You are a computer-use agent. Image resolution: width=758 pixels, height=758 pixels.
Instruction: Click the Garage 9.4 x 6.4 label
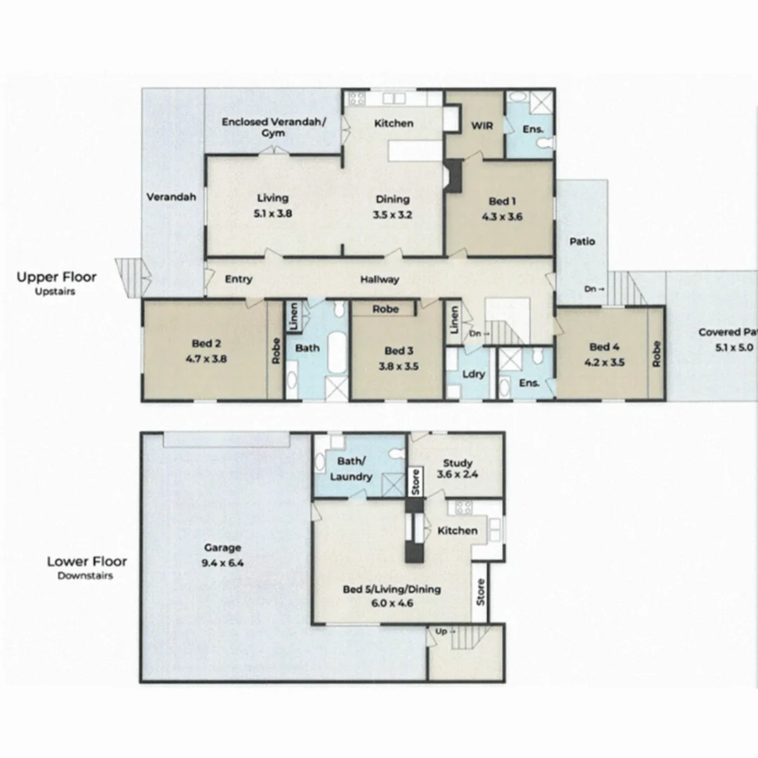coord(222,554)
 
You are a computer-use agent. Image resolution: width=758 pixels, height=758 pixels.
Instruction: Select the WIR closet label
coord(481,126)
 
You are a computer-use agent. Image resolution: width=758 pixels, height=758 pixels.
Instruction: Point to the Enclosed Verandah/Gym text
coord(273,127)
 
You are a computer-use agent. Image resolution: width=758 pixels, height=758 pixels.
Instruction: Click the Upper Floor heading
coord(56,277)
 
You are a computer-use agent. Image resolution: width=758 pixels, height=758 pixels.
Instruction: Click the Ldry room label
coord(474,374)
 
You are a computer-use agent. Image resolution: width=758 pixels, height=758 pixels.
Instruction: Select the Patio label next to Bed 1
coord(582,241)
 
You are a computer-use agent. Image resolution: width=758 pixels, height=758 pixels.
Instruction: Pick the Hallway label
coord(380,279)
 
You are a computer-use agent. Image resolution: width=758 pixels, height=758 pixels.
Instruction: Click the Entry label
coord(239,279)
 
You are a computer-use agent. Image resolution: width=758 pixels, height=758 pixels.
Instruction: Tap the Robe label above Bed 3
coord(385,309)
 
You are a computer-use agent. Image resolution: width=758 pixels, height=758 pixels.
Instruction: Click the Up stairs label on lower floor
coord(441,632)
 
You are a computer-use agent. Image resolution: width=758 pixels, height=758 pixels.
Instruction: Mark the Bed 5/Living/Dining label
coord(392,595)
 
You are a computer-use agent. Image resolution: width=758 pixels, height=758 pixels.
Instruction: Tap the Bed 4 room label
coord(604,354)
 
